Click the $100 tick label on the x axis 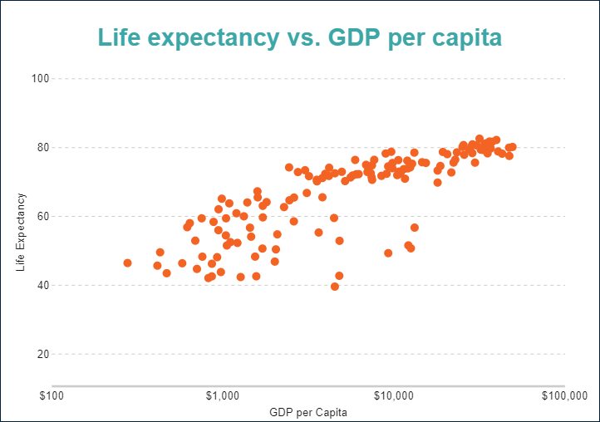tap(52, 395)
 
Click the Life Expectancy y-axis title tap(21, 233)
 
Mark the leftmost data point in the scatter tap(127, 263)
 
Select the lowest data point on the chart tap(335, 287)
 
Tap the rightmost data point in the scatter tap(512, 147)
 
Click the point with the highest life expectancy tap(480, 139)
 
